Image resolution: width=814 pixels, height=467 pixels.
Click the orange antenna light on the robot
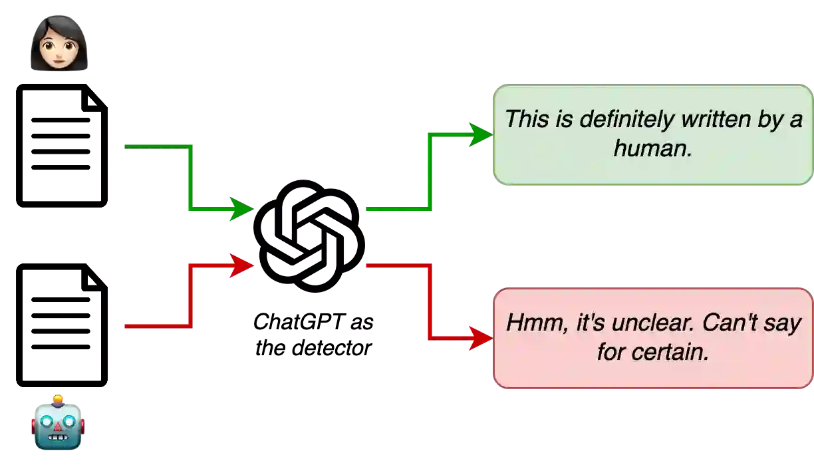tap(59, 399)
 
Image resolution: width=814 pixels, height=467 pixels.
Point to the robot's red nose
tap(59, 426)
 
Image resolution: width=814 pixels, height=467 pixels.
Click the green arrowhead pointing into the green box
tap(480, 135)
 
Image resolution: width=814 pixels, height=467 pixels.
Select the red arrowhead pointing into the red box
tap(480, 338)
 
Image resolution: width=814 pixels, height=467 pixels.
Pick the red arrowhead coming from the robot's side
tap(242, 266)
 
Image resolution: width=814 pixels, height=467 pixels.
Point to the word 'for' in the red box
tap(610, 352)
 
